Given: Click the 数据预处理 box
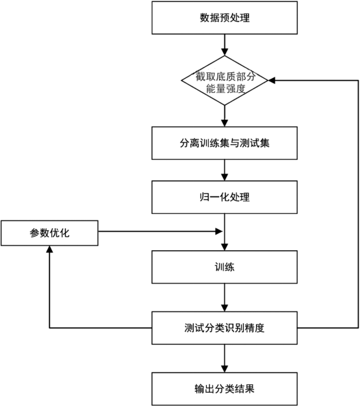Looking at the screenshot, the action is (224, 18).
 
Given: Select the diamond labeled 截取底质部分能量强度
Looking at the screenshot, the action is (224, 81).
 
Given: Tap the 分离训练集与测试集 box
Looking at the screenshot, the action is (224, 143).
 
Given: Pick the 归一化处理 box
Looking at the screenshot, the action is (224, 197).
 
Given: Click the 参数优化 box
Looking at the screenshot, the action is (49, 233).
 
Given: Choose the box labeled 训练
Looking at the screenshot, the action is (224, 267).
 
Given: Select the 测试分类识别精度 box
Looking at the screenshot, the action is (224, 328).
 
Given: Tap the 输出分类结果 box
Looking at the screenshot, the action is (224, 389).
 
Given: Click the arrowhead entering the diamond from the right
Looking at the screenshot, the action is (272, 81).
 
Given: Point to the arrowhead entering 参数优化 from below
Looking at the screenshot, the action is (49, 249).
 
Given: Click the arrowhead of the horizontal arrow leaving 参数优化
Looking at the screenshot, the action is (219, 231).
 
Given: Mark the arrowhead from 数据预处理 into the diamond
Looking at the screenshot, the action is (224, 52).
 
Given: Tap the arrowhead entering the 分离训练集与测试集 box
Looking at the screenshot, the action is (224, 123).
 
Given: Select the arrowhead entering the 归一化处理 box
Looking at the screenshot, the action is (224, 177).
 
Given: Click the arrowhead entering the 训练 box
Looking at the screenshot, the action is (224, 247).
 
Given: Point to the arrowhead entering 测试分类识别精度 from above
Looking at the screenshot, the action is (224, 308).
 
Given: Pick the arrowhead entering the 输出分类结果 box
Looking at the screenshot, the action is (224, 369).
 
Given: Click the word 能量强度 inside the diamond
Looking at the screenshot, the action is (225, 88).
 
